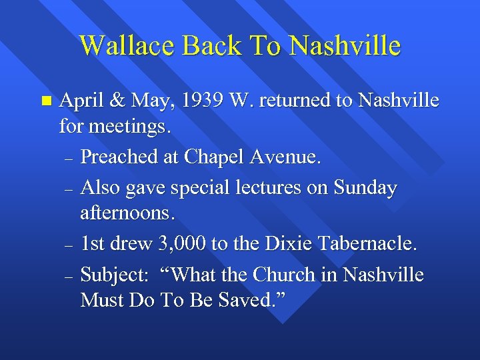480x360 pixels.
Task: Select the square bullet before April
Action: [45, 101]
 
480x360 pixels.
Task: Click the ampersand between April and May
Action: [116, 101]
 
